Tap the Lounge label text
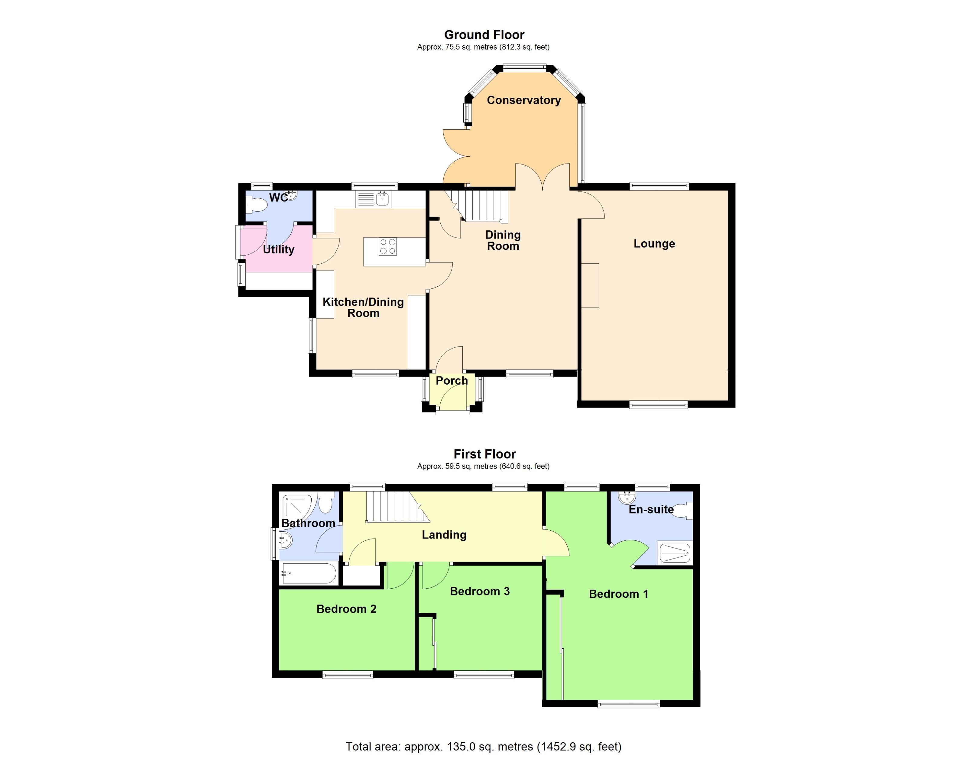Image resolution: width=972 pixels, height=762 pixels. click(654, 244)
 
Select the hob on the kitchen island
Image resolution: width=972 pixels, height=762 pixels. click(387, 247)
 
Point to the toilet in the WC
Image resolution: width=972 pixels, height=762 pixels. click(257, 205)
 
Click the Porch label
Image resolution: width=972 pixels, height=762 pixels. click(451, 381)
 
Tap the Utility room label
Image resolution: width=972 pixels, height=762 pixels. click(278, 249)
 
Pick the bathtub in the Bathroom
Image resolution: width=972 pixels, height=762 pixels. click(309, 574)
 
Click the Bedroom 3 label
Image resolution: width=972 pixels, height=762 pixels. click(479, 591)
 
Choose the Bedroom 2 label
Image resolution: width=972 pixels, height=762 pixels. click(346, 609)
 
